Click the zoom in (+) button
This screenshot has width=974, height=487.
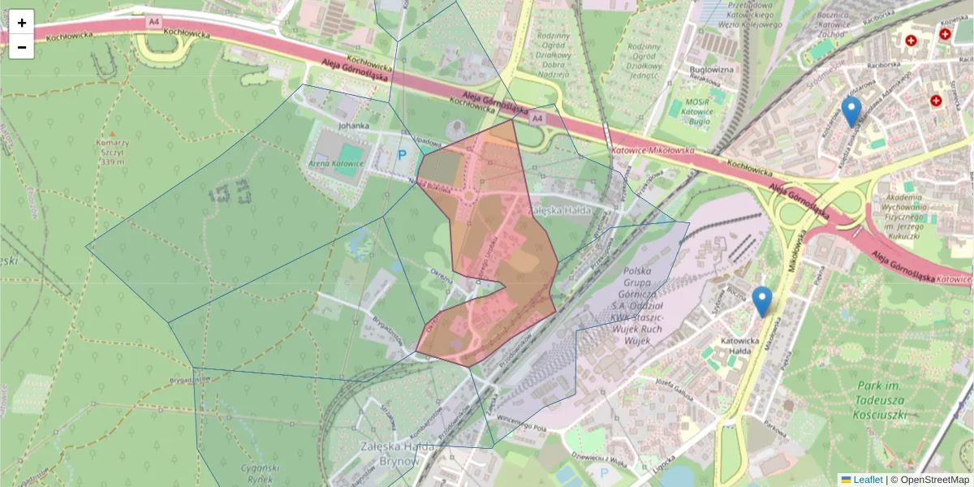click(x=21, y=22)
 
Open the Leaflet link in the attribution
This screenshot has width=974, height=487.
click(x=867, y=480)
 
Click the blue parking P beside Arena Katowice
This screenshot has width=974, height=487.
click(x=401, y=153)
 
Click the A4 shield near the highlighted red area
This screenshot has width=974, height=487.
click(x=536, y=119)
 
